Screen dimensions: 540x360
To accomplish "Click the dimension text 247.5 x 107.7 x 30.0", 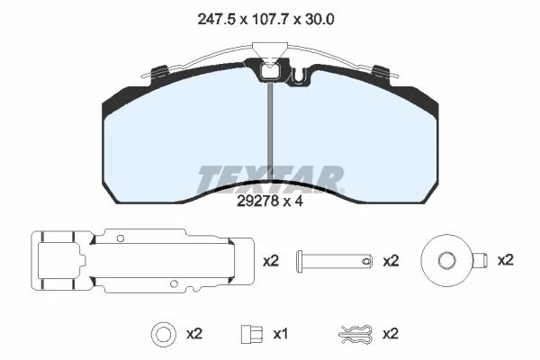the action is click(265, 20).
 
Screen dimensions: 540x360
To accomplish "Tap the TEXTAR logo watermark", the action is click(270, 179).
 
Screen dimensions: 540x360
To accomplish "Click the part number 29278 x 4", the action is click(270, 202).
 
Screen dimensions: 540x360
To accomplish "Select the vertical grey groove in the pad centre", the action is click(270, 131).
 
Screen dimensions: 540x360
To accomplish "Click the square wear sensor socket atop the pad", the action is click(271, 72).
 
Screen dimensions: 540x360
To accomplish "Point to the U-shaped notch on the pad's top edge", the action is click(300, 76).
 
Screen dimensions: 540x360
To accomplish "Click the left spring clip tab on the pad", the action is click(159, 72).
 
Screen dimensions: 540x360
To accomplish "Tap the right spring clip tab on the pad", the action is click(382, 72).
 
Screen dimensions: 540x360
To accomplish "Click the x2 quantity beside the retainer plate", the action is click(271, 261).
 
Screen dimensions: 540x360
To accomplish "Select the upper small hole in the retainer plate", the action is click(121, 238).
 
